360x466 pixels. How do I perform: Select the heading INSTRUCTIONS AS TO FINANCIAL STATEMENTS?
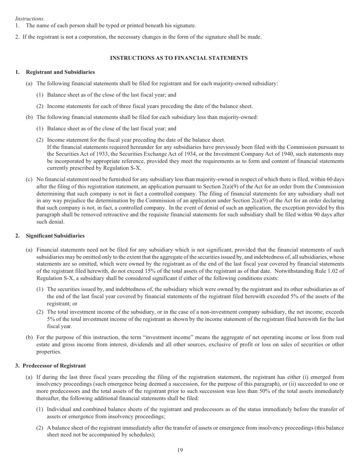tap(178, 58)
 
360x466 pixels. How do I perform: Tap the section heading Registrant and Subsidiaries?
tap(60, 72)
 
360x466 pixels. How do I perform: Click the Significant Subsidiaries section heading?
tap(55, 236)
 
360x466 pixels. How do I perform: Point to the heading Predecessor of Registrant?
tap(54, 366)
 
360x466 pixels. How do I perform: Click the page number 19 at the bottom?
tap(180, 450)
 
